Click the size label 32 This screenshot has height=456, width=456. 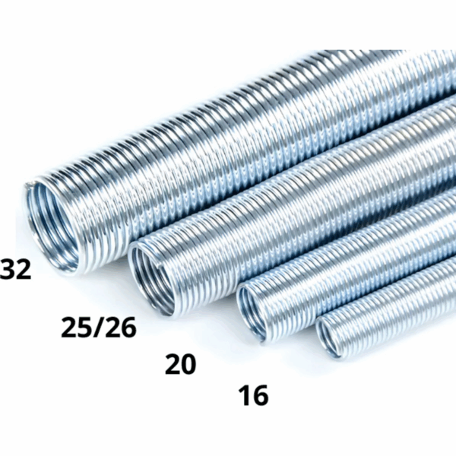(15, 270)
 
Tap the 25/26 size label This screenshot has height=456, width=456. (99, 327)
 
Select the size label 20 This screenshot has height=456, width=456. (180, 364)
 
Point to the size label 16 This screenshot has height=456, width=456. (253, 395)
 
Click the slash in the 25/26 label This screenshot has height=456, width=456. (99, 327)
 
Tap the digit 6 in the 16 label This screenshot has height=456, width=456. (260, 395)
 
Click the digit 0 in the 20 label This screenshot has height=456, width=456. (188, 364)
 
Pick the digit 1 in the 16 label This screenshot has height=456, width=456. (245, 395)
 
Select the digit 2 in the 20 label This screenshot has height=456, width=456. (173, 364)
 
